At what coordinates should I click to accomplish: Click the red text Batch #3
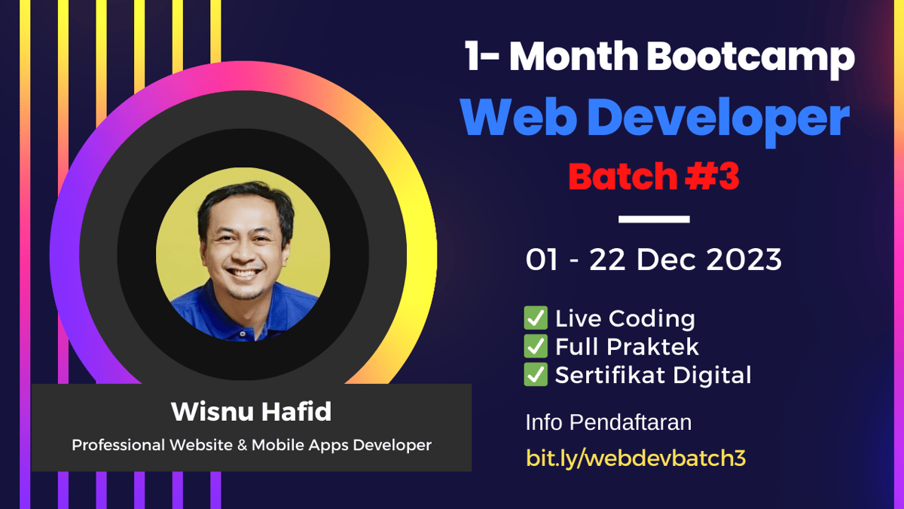653,176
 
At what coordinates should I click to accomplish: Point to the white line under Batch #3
654,219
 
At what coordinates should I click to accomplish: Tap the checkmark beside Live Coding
536,318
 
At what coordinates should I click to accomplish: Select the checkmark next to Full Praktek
536,346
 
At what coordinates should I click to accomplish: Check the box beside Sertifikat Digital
536,374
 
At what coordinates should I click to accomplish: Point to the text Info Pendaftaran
608,422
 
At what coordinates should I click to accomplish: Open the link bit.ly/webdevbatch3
635,458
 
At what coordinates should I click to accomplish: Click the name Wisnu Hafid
251,412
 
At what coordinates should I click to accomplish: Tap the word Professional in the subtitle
118,445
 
